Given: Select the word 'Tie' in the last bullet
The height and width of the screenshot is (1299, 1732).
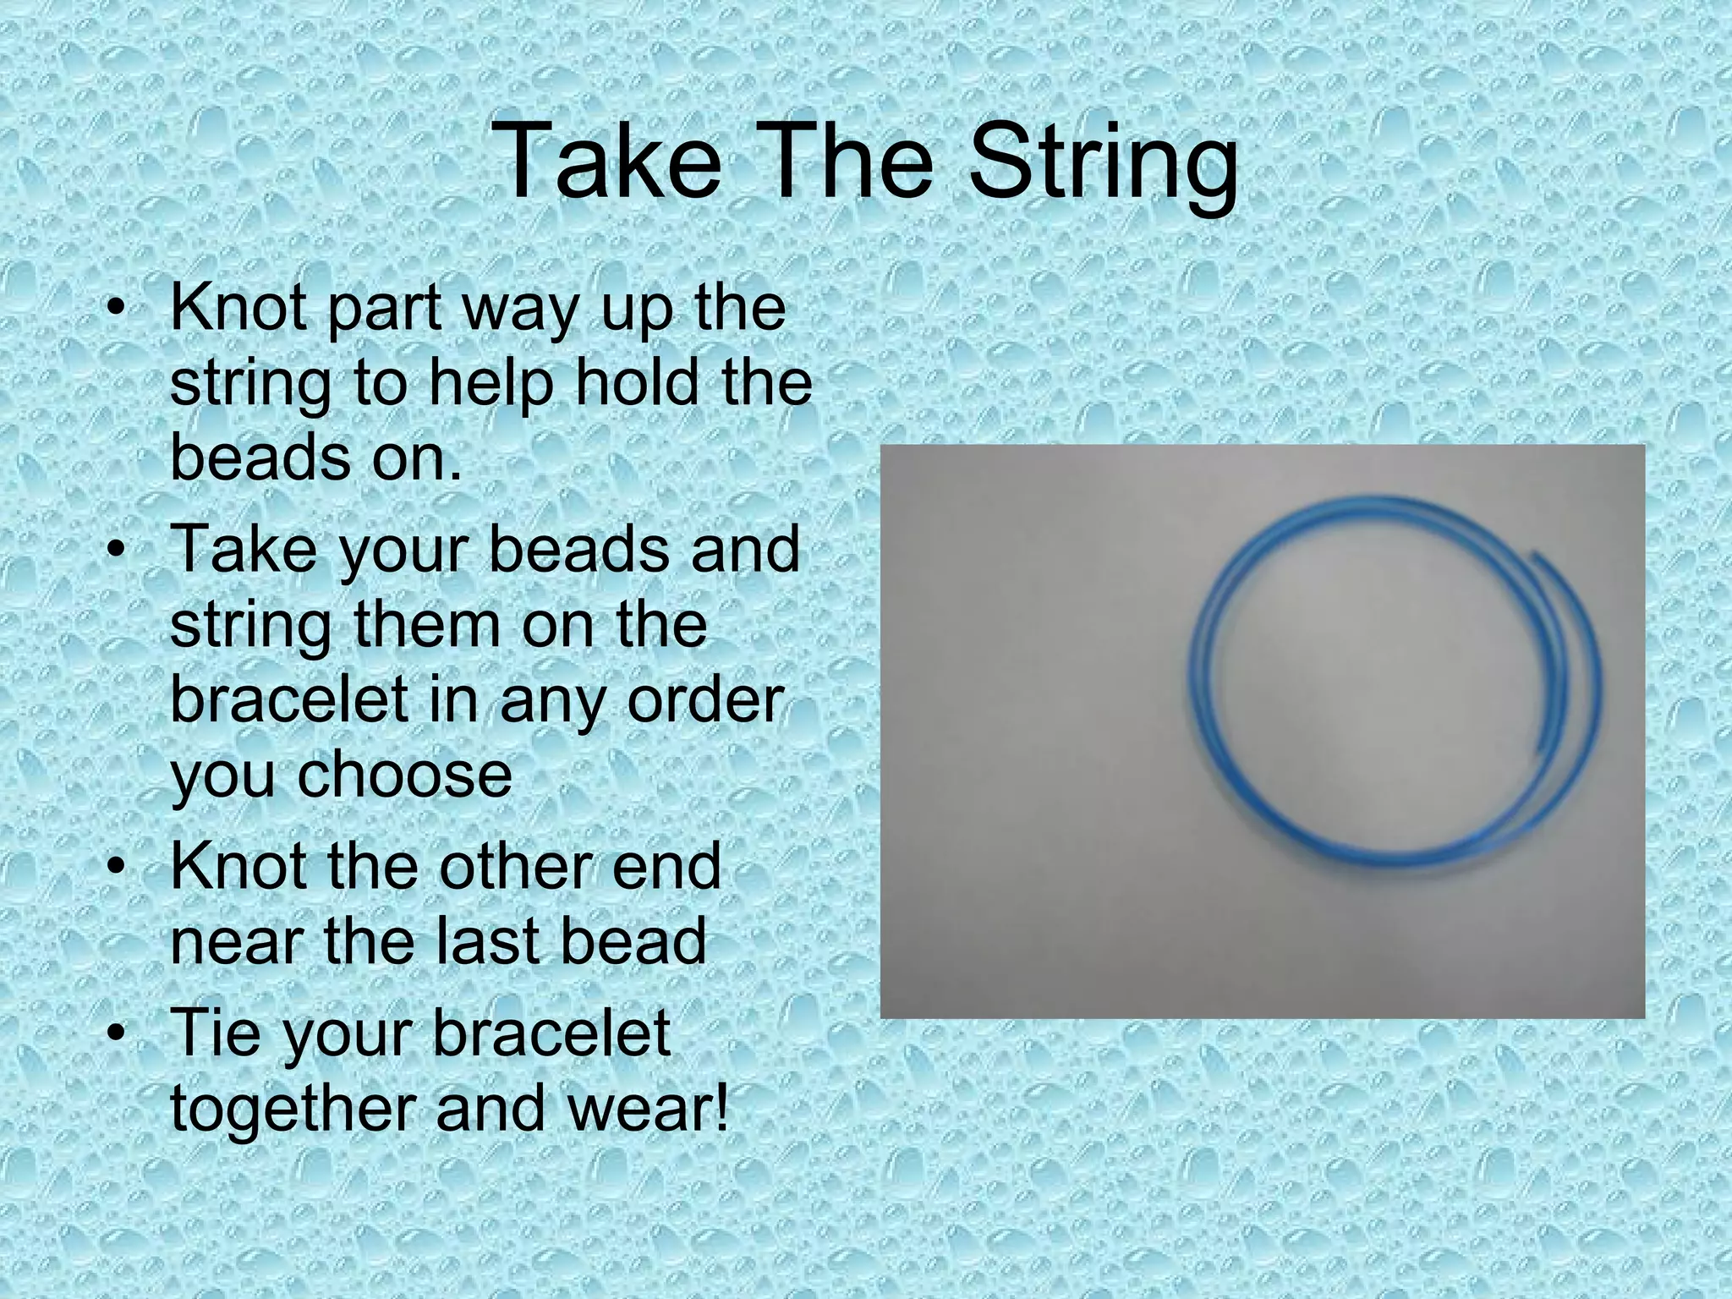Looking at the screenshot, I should click(x=215, y=1032).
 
